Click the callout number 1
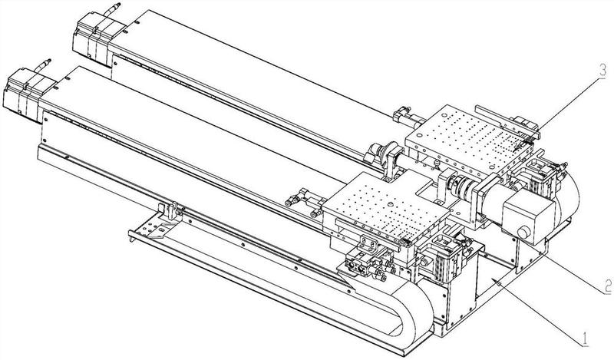tap(584, 339)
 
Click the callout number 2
tap(607, 286)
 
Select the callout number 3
tap(602, 71)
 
